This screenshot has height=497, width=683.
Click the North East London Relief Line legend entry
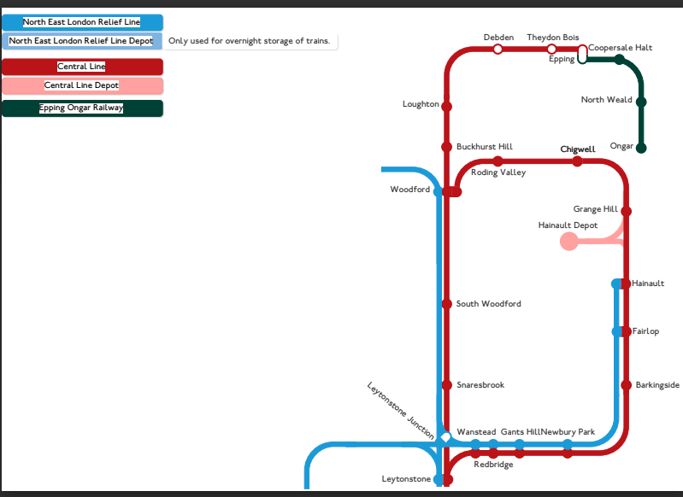point(82,22)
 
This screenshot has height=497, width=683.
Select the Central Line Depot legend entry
point(82,85)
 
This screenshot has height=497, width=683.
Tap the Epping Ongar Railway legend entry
point(82,108)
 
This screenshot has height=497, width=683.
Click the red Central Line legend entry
point(82,67)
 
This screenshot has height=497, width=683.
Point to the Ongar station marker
point(641,148)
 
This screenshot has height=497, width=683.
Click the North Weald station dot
point(641,102)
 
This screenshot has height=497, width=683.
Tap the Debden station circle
point(498,50)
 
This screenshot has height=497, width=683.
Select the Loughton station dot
point(446,106)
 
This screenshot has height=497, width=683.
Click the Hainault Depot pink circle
point(569,242)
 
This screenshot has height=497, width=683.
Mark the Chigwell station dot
point(577,161)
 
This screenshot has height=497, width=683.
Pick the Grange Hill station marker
point(626,211)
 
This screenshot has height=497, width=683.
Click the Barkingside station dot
point(626,385)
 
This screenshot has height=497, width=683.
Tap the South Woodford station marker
point(446,304)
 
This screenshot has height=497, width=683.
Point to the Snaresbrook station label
point(480,385)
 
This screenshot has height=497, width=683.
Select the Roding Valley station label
point(498,172)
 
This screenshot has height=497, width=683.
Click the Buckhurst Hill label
point(485,147)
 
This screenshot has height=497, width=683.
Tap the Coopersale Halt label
point(621,48)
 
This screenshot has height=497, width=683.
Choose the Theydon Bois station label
point(553,38)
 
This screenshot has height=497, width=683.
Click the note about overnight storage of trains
point(250,41)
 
